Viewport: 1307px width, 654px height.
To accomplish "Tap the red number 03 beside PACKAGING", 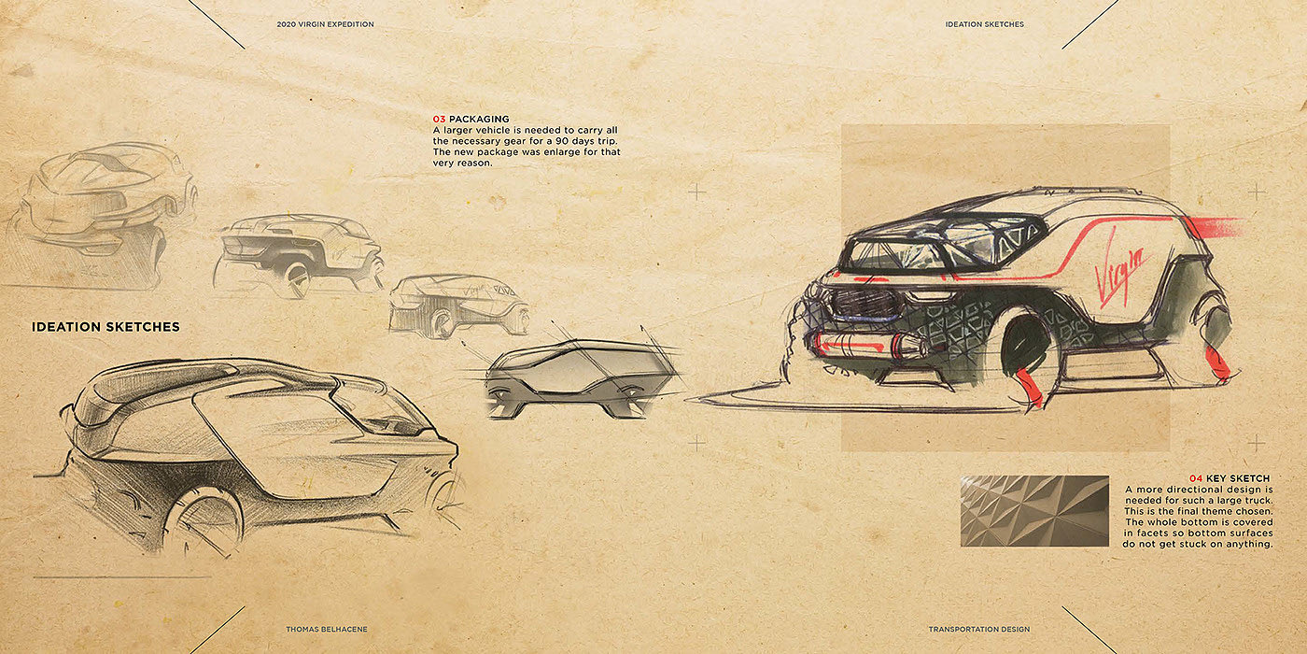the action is [x=439, y=119].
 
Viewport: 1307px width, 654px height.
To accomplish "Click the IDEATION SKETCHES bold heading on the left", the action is [x=105, y=327].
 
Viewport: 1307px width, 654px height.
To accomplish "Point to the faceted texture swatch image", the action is [x=1034, y=511].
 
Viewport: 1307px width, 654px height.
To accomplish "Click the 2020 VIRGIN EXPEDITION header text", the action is [x=325, y=24].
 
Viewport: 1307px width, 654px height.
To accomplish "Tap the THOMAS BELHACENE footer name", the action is [x=326, y=630].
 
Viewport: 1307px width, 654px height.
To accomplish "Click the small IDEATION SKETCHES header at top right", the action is [x=984, y=24].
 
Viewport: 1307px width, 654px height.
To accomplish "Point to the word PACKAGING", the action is [x=479, y=119].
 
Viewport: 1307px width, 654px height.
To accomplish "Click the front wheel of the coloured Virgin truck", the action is [x=1028, y=355].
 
